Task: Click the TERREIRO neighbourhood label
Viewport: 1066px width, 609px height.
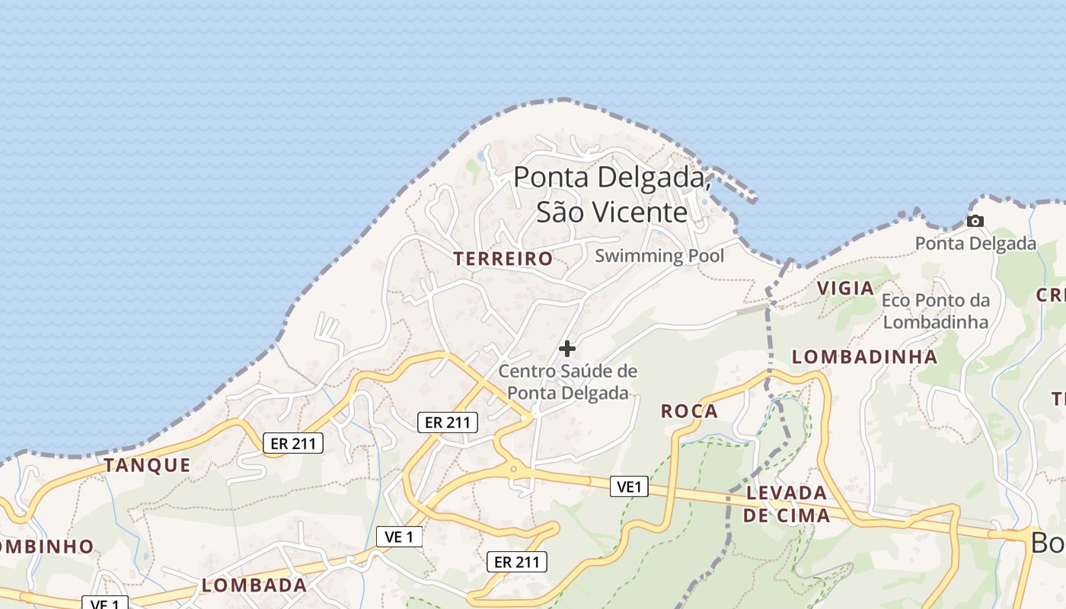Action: coord(503,259)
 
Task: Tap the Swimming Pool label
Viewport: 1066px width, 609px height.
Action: coord(659,256)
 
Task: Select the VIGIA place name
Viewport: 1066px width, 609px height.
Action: coord(845,289)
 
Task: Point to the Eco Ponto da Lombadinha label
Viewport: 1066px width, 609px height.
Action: coord(936,311)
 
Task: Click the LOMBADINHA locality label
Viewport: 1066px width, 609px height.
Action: coord(865,357)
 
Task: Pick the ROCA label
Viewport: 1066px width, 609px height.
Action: coord(689,412)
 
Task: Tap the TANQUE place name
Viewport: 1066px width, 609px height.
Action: coord(147,465)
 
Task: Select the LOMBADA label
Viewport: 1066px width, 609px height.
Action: coord(254,585)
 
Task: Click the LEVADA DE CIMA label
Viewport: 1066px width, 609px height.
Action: coord(787,504)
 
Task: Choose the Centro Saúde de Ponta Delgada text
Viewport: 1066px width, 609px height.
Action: coord(568,382)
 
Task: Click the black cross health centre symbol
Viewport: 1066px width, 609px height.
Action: coord(567,349)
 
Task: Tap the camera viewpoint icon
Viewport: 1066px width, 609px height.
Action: coord(975,222)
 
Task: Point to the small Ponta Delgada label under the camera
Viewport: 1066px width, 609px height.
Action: coord(975,244)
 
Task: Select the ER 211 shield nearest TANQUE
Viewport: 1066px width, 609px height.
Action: coord(293,443)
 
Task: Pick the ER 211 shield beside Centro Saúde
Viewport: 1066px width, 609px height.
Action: coord(448,422)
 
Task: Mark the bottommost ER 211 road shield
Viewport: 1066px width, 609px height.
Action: coord(517,563)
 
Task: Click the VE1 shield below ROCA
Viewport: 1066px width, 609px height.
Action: coord(629,486)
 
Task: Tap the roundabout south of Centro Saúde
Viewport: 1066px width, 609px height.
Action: coord(514,470)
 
